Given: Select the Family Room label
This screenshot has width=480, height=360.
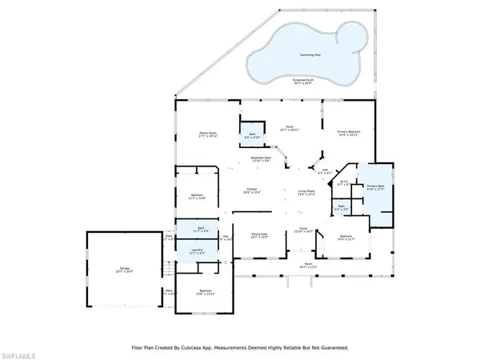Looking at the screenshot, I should coord(210,134).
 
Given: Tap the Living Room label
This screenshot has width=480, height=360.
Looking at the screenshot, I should coord(306,192).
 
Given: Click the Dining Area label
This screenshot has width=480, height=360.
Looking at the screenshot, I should coord(259,235).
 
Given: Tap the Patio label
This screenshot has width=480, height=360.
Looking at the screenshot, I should coord(170,292).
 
